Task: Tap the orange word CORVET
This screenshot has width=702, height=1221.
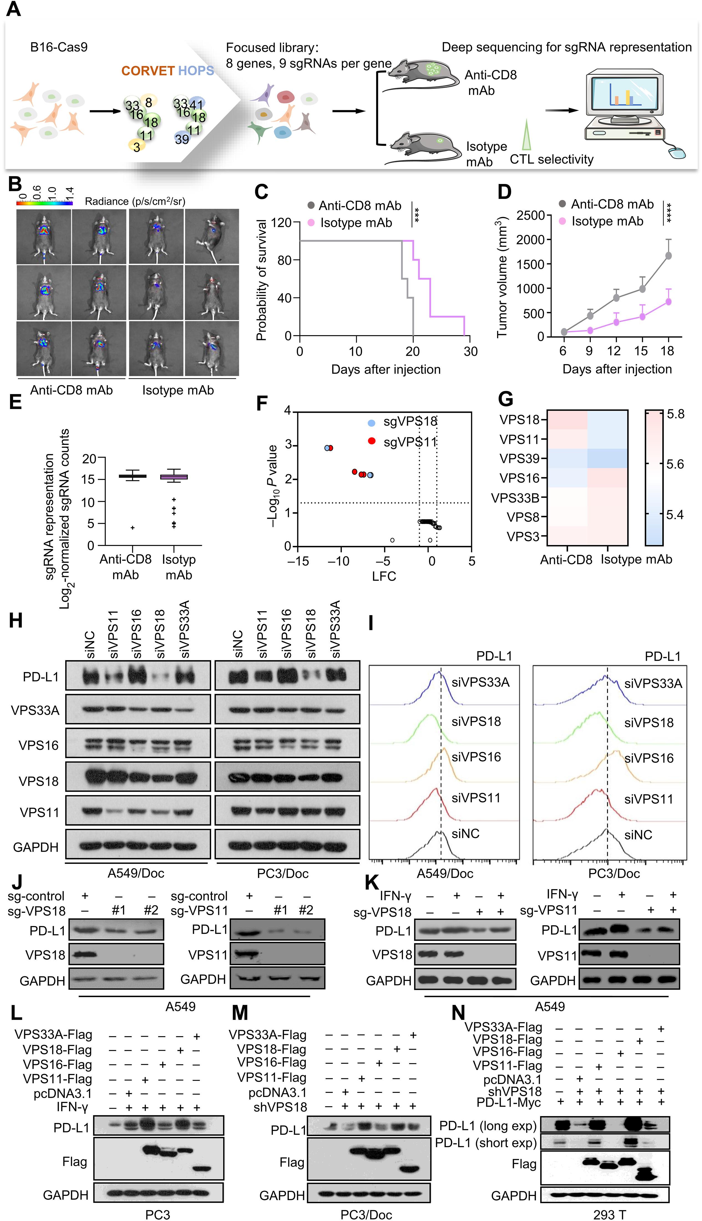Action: point(148,71)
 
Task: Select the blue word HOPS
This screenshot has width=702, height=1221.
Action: point(196,71)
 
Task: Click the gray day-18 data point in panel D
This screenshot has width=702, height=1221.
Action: point(668,256)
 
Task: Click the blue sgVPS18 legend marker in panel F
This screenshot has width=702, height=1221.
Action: point(371,423)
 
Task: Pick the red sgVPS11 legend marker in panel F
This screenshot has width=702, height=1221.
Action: point(371,441)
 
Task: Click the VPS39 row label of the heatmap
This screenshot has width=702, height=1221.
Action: point(519,459)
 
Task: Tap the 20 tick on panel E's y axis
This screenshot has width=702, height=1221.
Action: point(89,458)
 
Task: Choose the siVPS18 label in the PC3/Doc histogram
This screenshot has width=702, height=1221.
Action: point(649,722)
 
